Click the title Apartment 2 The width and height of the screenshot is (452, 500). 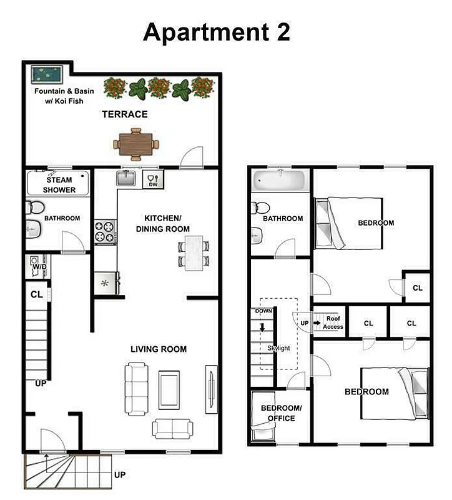point(216,32)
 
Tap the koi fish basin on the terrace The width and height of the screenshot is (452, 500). point(47,75)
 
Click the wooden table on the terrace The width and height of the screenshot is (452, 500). point(136,142)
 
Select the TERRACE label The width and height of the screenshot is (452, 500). point(125,114)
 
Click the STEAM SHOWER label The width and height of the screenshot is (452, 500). point(59,185)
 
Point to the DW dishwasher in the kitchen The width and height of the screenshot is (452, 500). point(152,181)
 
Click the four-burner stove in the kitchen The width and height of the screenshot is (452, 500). point(105,232)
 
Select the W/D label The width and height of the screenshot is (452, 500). point(39,267)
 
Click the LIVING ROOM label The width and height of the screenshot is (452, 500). point(159,349)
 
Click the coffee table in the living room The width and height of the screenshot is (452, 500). point(169,389)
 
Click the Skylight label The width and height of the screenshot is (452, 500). point(278,348)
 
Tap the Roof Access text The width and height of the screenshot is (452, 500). point(333,322)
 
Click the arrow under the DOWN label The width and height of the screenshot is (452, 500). point(263,326)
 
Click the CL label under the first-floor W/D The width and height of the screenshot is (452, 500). point(37,294)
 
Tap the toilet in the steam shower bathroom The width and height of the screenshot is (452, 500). point(35,207)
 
